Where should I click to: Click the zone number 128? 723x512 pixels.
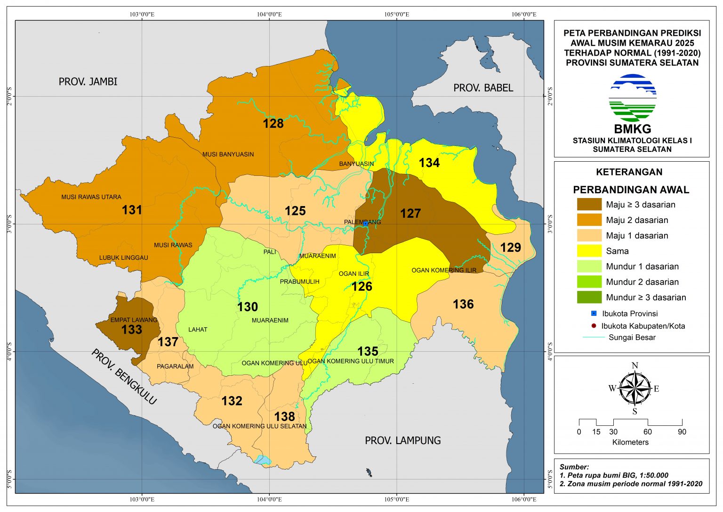(x=273, y=124)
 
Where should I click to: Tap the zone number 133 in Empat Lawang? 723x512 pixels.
(x=131, y=330)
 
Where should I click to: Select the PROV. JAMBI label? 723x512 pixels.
(x=88, y=82)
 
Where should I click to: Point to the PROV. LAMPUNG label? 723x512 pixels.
(x=403, y=440)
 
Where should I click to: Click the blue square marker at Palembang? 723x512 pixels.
(x=365, y=224)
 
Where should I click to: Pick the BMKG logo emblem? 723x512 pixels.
(x=632, y=98)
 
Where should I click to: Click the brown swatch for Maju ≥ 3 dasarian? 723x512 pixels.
(x=589, y=205)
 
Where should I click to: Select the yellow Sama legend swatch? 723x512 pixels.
(x=589, y=251)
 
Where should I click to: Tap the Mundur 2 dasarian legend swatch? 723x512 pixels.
(x=589, y=282)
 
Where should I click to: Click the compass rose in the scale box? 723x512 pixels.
(x=635, y=388)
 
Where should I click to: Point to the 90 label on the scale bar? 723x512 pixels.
(x=682, y=432)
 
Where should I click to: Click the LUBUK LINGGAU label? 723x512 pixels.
(x=123, y=258)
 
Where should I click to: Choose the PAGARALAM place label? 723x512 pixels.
(x=175, y=366)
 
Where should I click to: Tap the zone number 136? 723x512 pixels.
(x=463, y=305)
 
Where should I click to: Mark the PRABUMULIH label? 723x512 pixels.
(x=299, y=282)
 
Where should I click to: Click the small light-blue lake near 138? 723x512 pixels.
(x=263, y=460)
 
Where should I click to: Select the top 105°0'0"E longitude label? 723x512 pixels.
(x=396, y=14)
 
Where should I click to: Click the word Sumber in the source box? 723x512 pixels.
(x=574, y=467)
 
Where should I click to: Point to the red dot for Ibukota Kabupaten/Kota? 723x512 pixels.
(x=594, y=326)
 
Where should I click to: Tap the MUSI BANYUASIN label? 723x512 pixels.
(x=228, y=154)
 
